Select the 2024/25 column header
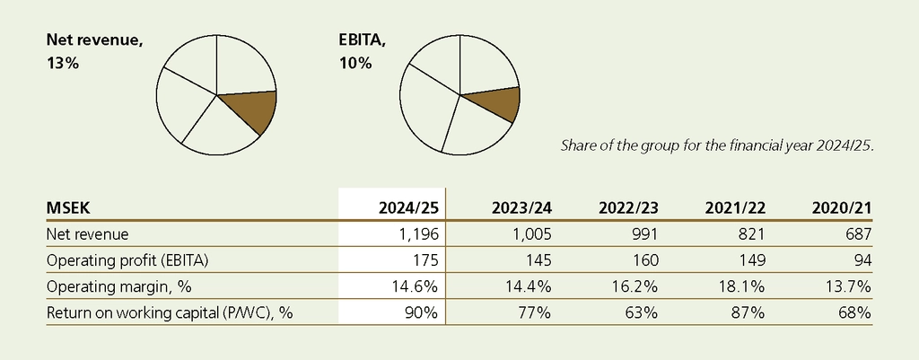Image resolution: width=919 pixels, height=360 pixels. pos(407,208)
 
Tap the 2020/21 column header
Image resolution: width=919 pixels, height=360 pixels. pos(841,208)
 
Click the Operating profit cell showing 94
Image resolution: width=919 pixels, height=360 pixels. pos(860,260)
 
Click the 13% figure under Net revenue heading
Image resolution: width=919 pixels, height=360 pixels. pos(63,65)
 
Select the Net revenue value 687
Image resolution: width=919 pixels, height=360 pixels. pos(856,234)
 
